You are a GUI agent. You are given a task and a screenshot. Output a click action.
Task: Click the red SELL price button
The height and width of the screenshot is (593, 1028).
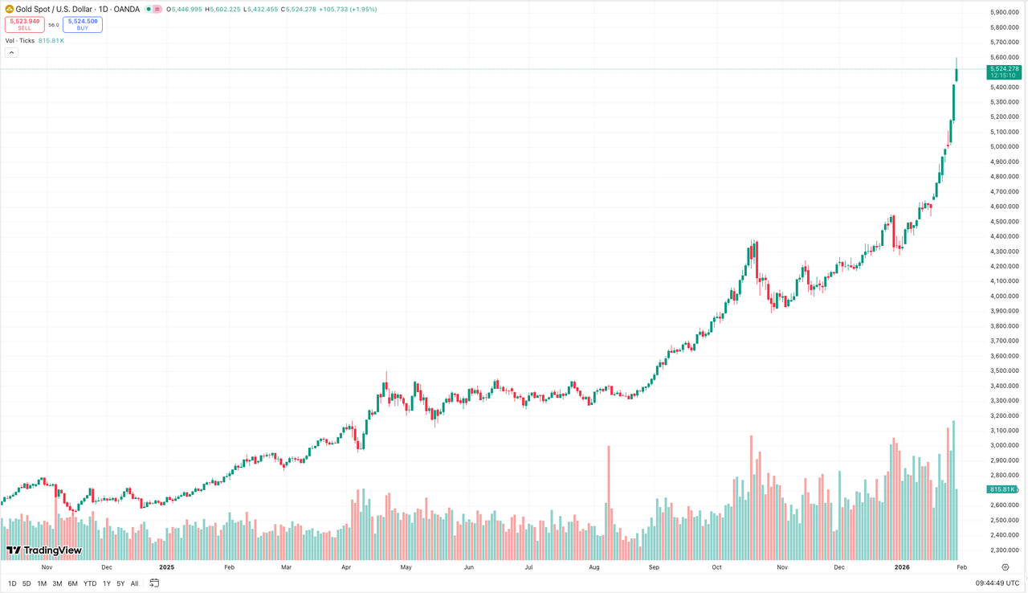point(24,24)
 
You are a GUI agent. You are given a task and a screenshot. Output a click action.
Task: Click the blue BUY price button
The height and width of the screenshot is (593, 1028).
point(83,24)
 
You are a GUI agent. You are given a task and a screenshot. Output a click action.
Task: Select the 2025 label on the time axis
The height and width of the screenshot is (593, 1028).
point(166,566)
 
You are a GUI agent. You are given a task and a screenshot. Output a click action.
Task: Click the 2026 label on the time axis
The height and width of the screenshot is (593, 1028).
point(902,566)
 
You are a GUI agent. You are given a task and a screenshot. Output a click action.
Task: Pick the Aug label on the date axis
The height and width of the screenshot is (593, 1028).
point(594,566)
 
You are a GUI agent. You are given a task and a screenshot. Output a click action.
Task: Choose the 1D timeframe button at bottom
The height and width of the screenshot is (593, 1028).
point(12,583)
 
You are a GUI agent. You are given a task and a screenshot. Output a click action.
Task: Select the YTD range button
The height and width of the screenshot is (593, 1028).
point(90,583)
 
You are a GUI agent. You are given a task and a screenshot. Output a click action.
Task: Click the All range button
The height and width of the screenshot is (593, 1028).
point(134,583)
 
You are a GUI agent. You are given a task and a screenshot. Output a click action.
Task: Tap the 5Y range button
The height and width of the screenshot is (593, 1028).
point(120,583)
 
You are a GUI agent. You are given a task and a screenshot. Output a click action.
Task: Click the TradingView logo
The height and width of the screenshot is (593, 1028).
point(44,550)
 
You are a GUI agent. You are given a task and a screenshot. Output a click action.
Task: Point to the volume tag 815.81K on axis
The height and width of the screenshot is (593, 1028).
point(1003,489)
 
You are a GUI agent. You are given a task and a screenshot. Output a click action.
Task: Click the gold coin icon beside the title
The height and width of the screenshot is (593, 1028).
point(10,10)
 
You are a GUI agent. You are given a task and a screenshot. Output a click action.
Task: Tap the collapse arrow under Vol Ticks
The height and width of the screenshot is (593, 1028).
point(11,52)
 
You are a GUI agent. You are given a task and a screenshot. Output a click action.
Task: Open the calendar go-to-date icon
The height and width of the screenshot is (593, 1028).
point(154,583)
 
